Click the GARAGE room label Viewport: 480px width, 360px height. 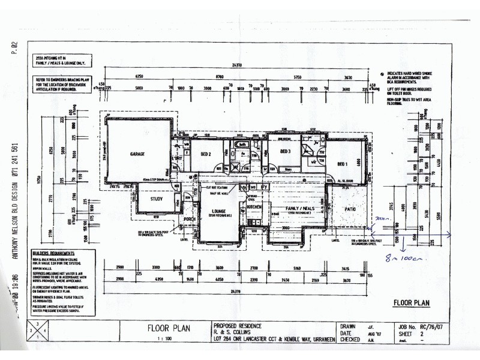click(137, 154)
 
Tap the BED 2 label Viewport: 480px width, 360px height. click(207, 154)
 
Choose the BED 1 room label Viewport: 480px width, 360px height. click(343, 164)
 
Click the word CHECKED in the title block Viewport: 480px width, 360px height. click(350, 340)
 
